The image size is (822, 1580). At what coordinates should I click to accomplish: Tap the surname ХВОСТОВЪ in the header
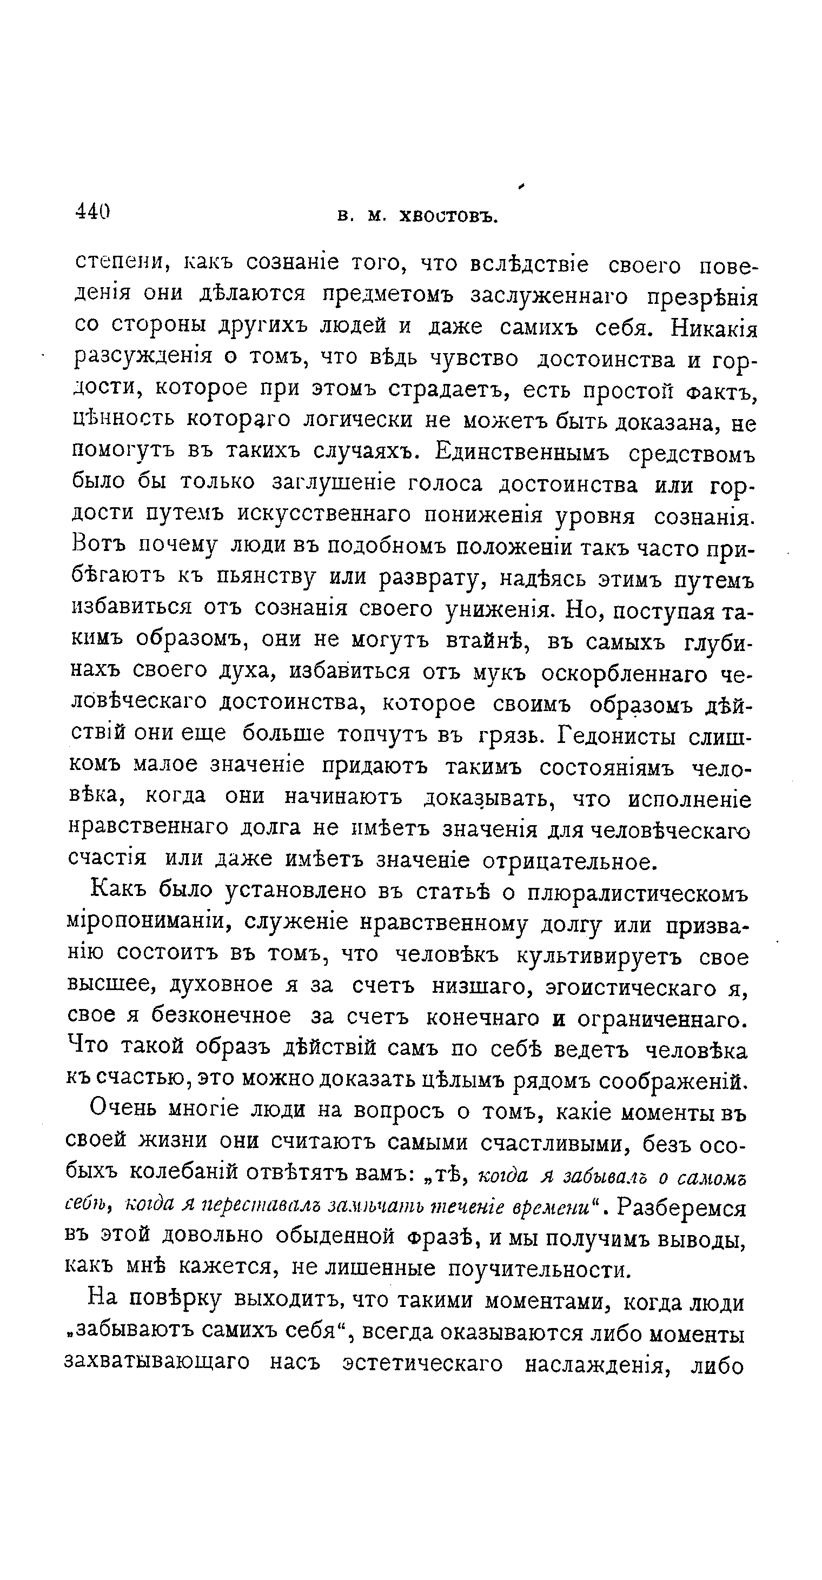448,216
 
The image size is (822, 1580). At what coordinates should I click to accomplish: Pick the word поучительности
539,1269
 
